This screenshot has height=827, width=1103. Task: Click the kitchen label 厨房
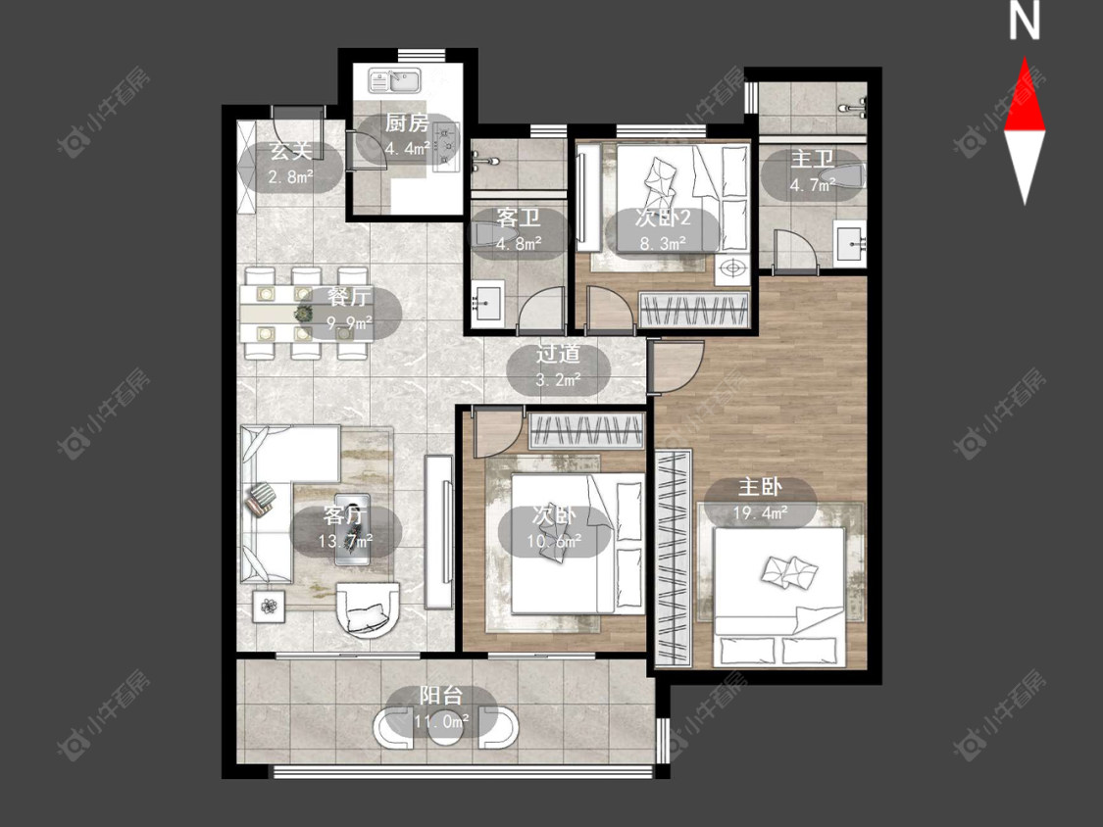pos(407,123)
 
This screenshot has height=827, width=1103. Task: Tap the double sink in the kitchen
pos(395,81)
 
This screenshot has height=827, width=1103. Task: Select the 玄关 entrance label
pos(290,151)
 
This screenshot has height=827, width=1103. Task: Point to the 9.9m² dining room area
pos(349,324)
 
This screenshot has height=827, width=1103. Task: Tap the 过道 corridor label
pos(558,353)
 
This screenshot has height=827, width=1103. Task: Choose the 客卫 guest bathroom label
pos(519,218)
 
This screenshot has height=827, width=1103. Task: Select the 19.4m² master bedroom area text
pos(760,513)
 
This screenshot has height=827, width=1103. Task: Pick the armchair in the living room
pos(368,609)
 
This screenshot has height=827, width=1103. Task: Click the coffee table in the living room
pos(352,529)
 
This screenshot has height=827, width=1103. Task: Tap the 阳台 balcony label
pos(441,696)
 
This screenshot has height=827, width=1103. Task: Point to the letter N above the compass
pos(1025,22)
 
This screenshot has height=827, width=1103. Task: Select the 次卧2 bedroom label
pos(663,218)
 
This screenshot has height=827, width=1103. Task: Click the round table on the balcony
pos(445,727)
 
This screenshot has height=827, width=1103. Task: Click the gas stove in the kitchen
pos(446,146)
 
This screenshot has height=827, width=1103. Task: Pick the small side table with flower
pos(270,606)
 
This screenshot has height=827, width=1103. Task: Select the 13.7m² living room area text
pos(345,542)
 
